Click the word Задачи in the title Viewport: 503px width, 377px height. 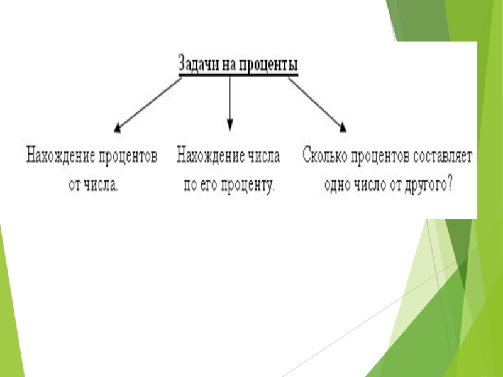pos(197,65)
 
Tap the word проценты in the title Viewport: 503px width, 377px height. pos(267,65)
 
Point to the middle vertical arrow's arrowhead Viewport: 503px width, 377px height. pos(229,125)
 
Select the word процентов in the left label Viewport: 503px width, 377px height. pos(128,156)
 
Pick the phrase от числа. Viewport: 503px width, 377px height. pos(92,187)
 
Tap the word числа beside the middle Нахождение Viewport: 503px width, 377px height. pos(265,156)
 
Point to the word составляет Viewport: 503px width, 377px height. pos(442,156)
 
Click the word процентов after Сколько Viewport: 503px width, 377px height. pos(380,156)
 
